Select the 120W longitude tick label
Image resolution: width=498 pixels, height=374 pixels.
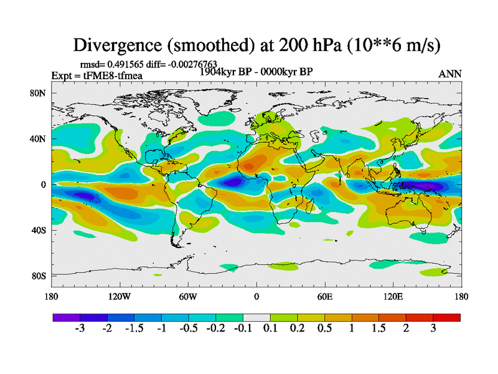[x=119, y=296]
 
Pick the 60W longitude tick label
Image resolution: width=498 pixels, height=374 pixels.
[x=187, y=296]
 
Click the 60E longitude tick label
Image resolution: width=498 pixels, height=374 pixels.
[x=324, y=296]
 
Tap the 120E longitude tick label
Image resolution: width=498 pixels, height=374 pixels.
[x=393, y=296]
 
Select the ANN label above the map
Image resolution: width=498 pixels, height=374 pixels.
[x=450, y=74]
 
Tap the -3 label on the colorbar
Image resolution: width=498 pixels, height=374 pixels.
[x=80, y=328]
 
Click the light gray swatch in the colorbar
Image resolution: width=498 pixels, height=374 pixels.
[x=256, y=317]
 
